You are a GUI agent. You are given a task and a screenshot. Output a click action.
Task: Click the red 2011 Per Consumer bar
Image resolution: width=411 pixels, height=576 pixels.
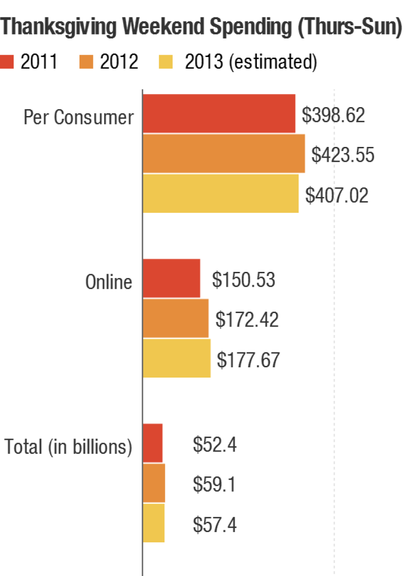coord(219,114)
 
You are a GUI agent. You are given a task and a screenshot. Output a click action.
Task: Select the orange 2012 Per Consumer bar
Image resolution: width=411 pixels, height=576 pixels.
coord(224,154)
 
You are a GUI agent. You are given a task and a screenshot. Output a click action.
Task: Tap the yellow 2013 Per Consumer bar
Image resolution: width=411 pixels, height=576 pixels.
coord(220,193)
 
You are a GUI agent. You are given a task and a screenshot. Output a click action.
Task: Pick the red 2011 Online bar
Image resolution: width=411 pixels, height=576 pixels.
coord(171,278)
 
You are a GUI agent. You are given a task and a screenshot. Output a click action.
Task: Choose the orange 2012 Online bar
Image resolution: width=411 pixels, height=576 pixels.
coord(176,318)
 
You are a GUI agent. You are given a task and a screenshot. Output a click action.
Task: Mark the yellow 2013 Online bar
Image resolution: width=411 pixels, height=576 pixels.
coord(177,358)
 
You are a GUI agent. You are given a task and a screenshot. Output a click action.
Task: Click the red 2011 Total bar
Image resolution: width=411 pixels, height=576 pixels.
coord(153,443)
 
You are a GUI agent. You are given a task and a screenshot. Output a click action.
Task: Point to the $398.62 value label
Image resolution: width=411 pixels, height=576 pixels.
coord(333,115)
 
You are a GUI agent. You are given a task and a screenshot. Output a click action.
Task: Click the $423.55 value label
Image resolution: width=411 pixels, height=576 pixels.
coord(343,155)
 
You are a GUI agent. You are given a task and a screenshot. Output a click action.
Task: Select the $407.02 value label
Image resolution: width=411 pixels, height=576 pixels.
coord(337,195)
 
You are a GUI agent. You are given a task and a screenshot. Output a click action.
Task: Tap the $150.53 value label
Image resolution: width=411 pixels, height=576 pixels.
coord(243,280)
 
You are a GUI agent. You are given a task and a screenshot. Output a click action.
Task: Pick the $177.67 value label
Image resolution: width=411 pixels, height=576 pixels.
coord(248,360)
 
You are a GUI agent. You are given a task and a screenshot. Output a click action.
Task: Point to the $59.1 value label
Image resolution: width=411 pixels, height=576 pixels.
coord(214,485)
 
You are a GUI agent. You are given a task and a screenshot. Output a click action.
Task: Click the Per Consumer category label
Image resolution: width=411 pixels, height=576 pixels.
coord(78,117)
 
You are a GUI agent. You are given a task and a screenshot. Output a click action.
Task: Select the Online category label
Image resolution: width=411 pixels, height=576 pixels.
coord(108,282)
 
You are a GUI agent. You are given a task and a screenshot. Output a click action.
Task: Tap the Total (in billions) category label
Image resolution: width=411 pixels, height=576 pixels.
coord(68,447)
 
